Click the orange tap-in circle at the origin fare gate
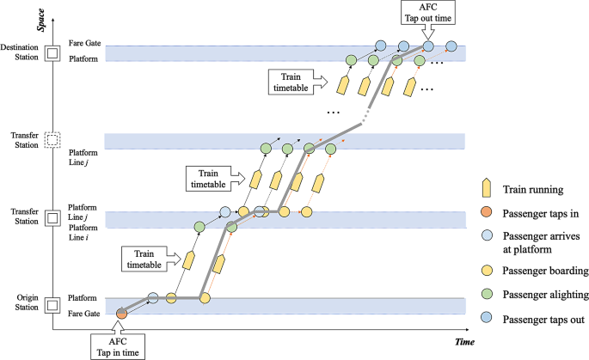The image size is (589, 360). click(121, 314)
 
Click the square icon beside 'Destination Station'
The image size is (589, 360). click(51, 53)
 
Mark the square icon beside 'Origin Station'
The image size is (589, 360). click(51, 305)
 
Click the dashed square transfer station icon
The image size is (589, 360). click(51, 140)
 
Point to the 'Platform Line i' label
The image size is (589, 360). click(84, 231)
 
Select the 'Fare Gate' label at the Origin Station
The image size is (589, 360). click(85, 314)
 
